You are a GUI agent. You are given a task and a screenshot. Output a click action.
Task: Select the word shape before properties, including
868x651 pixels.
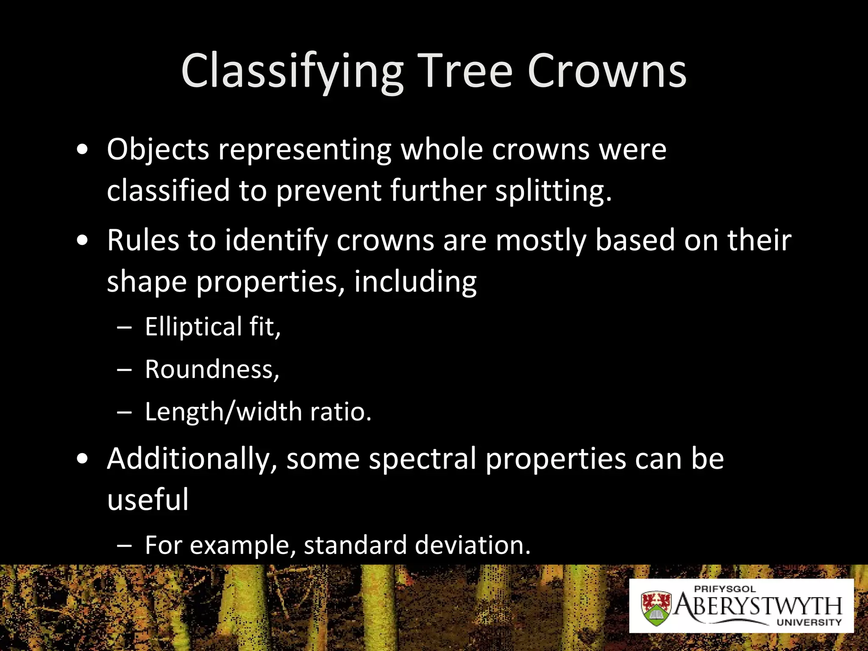click(147, 281)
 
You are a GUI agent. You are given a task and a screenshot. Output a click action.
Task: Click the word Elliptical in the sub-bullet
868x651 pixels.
click(193, 326)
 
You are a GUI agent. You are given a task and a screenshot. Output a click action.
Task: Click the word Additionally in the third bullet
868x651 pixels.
click(192, 459)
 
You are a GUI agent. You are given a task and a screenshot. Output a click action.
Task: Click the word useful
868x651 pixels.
click(147, 499)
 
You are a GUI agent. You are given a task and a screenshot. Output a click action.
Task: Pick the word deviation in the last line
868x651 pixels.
click(473, 545)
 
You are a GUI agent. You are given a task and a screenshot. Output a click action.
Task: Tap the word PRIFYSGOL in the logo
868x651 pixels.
click(725, 589)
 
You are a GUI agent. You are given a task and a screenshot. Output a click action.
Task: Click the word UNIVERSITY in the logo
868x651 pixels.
click(809, 622)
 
